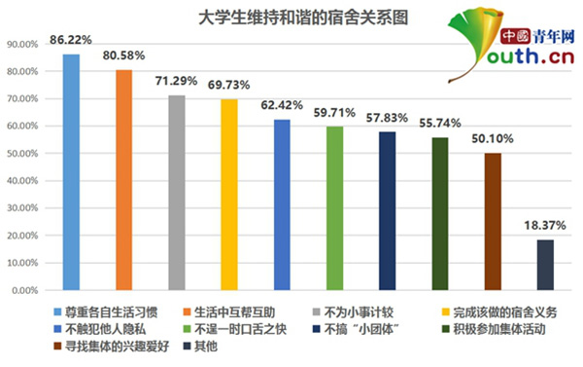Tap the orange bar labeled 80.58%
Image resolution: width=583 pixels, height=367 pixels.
tap(123, 179)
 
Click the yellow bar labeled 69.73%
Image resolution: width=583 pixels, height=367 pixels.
tap(228, 194)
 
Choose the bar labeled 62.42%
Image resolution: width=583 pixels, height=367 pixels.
tap(282, 204)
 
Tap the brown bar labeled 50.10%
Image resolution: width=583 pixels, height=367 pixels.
tap(493, 221)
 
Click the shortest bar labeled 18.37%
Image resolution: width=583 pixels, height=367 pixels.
tap(545, 264)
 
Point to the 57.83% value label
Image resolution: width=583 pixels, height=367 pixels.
tap(387, 118)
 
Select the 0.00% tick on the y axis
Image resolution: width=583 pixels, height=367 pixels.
tap(23, 290)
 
